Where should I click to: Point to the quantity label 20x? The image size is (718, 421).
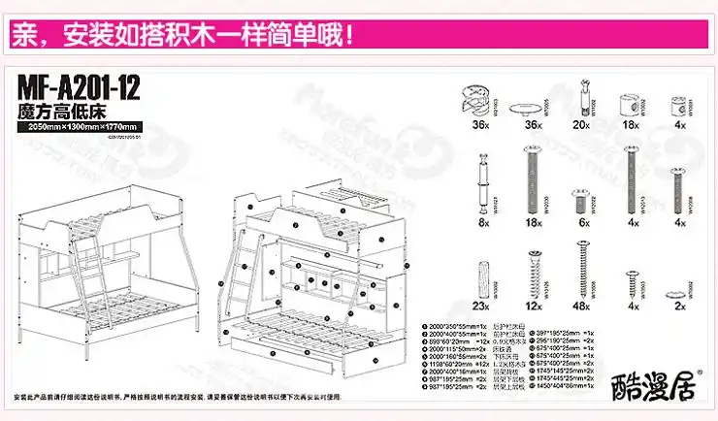[581, 126]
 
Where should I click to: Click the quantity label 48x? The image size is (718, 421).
[581, 306]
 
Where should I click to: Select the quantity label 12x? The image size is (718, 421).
[531, 306]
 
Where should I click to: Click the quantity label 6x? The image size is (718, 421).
[581, 221]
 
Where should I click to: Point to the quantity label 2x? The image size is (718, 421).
[678, 306]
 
